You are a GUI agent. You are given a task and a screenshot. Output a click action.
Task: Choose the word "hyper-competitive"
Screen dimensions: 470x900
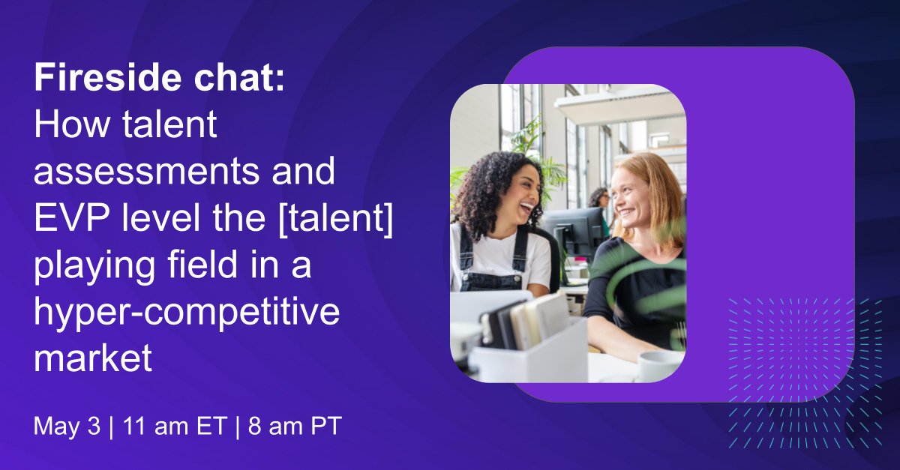[187, 314]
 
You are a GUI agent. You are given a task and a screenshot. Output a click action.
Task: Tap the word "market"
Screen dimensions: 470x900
[93, 361]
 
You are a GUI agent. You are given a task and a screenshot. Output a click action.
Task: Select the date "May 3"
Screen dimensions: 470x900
[66, 427]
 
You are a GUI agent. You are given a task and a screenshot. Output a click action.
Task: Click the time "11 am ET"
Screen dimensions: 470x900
[158, 427]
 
